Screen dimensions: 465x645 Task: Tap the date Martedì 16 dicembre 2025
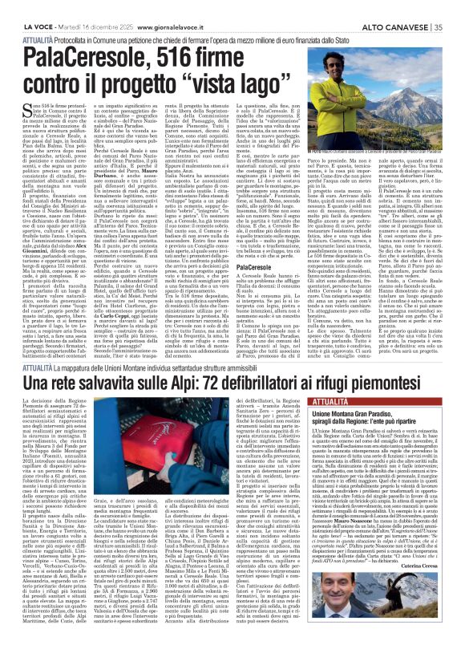coord(97,6)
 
